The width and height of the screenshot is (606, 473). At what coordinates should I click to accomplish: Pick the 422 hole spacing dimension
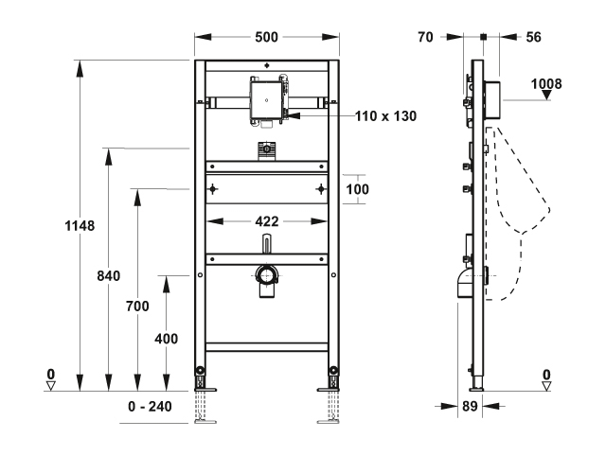pyautogui.click(x=267, y=221)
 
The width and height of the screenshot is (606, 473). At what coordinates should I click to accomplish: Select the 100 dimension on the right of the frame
pyautogui.click(x=356, y=188)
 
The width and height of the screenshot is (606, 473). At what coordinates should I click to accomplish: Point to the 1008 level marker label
pyautogui.click(x=546, y=83)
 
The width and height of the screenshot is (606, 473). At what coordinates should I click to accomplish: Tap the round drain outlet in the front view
pyautogui.click(x=266, y=277)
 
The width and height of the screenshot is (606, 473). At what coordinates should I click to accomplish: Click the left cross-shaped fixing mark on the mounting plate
pyautogui.click(x=215, y=188)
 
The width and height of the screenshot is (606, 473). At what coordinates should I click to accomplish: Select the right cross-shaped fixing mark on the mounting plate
pyautogui.click(x=322, y=188)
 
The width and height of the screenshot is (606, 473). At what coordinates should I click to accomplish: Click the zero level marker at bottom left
pyautogui.click(x=52, y=380)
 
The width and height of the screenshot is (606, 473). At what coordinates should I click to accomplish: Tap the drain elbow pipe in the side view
pyautogui.click(x=465, y=284)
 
